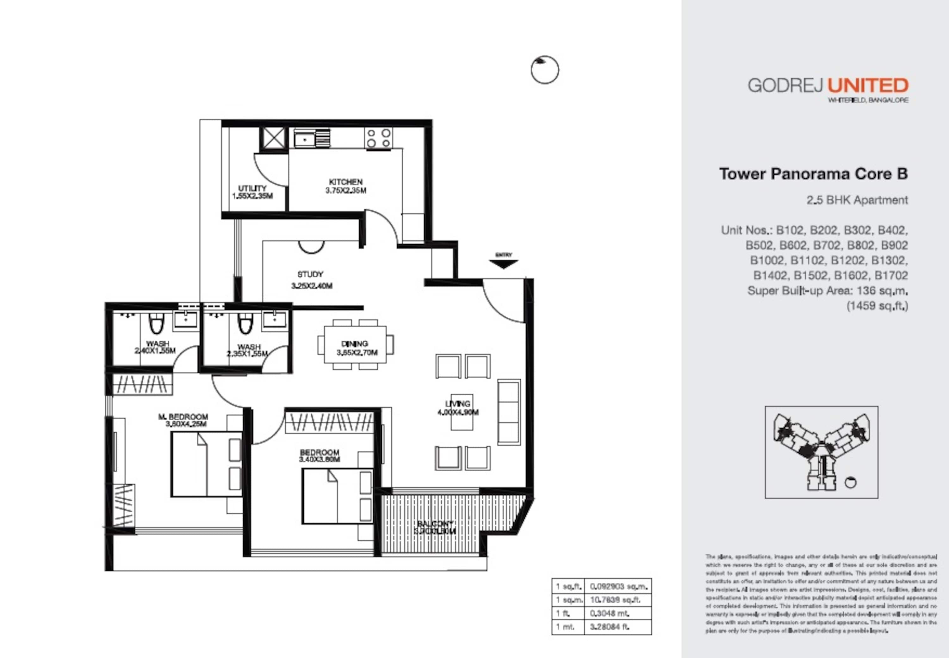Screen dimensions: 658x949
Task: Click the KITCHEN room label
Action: click(x=346, y=182)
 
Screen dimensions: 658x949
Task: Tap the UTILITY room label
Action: click(x=252, y=188)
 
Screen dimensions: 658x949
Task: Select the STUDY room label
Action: click(x=310, y=274)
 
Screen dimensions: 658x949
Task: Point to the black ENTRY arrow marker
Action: click(x=503, y=264)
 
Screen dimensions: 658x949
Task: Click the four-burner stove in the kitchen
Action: click(x=378, y=138)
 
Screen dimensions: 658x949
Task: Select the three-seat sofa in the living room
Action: click(x=509, y=412)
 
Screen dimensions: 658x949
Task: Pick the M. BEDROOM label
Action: click(x=183, y=417)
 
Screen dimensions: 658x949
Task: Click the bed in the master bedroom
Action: click(x=206, y=464)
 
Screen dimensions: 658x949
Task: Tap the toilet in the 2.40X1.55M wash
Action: click(x=156, y=324)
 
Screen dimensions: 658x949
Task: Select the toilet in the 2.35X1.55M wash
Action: click(x=245, y=324)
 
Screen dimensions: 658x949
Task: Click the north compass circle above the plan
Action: click(x=545, y=70)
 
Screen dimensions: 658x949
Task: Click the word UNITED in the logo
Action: click(x=868, y=86)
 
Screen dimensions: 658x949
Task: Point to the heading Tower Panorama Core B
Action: click(x=813, y=174)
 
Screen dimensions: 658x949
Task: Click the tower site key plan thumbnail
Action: click(x=821, y=452)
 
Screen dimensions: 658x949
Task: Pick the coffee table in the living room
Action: click(x=461, y=412)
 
